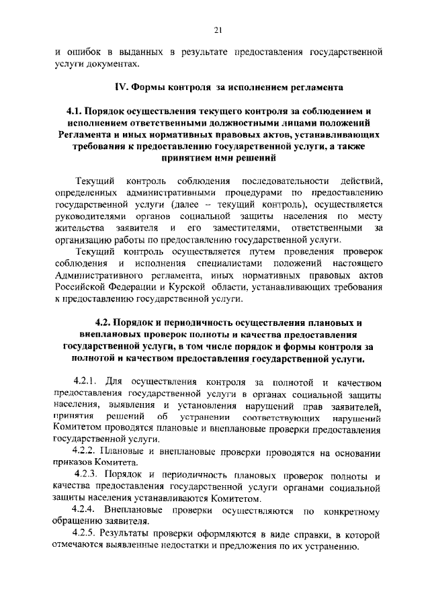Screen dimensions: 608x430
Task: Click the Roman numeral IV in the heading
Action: point(121,87)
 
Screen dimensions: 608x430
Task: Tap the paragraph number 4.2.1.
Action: point(87,382)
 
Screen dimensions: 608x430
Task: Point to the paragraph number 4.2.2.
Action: point(87,451)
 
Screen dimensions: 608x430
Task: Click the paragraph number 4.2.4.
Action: point(87,511)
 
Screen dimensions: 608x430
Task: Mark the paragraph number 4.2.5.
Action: point(87,534)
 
